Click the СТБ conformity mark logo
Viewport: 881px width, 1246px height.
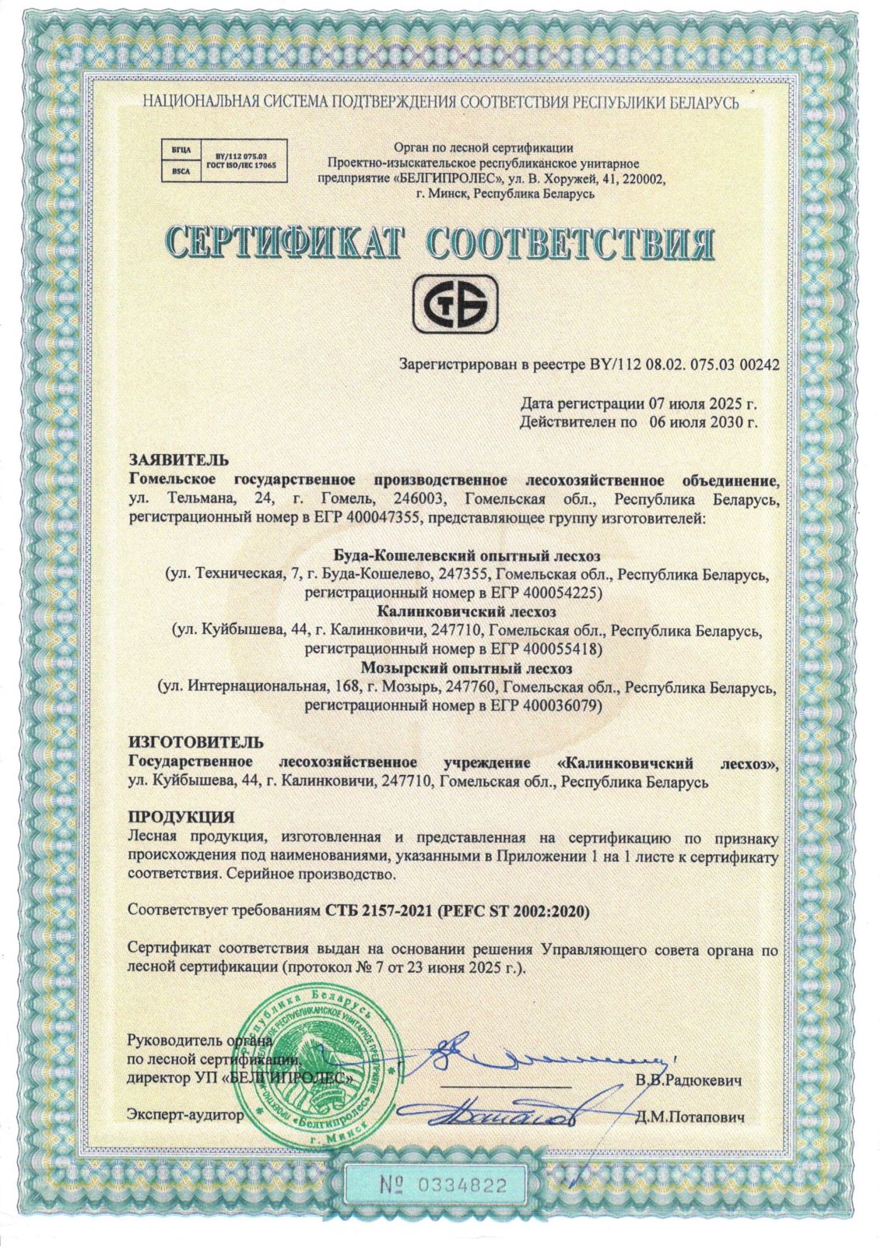click(456, 308)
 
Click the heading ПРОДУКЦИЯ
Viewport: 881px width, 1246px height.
click(181, 818)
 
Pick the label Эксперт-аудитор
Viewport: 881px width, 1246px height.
click(181, 1115)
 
